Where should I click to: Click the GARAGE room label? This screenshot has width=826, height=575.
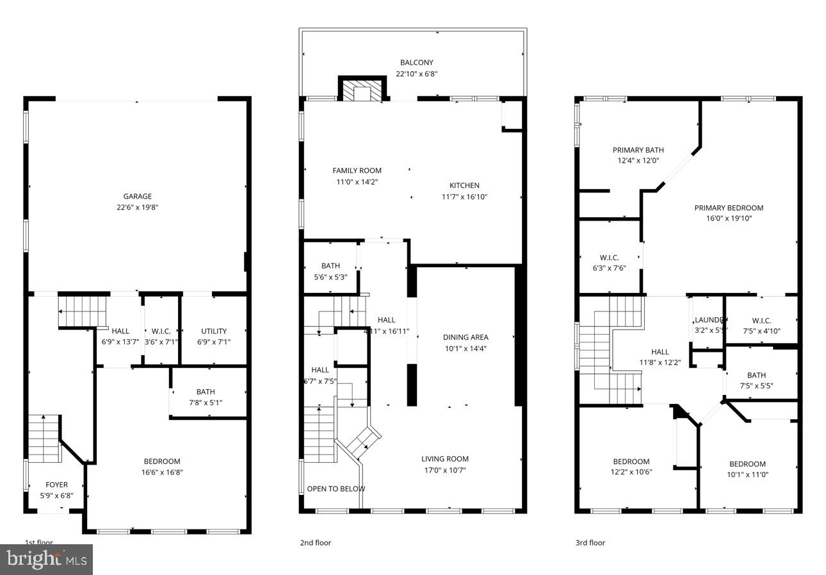coord(137,196)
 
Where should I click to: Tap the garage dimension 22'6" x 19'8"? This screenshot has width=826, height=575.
coord(137,207)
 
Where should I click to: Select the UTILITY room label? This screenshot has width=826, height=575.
coord(214,331)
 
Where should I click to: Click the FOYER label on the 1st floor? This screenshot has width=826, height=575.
coord(56,485)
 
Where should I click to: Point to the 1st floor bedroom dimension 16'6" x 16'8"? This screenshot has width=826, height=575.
coord(162,472)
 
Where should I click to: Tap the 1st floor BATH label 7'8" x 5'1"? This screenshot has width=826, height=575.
coord(206,392)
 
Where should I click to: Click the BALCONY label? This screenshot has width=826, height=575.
coord(416,63)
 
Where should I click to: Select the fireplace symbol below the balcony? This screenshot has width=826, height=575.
coord(362,90)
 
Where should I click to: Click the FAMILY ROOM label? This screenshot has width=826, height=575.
coord(357,171)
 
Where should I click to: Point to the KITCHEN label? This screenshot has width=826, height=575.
coord(464,186)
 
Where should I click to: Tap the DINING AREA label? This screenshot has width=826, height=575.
coord(466,337)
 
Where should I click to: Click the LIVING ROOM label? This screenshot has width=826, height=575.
coord(444,459)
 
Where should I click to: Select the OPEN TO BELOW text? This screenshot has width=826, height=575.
coord(336,489)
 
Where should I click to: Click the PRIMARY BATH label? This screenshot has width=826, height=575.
coord(638,150)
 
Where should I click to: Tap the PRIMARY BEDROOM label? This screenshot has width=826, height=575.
coord(729,208)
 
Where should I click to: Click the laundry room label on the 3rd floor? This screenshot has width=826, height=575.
coord(709,320)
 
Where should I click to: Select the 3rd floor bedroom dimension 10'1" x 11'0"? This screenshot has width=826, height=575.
coord(747,475)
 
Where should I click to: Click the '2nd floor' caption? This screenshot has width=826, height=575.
coord(315,543)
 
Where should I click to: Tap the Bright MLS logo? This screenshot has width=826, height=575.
coord(47,560)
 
